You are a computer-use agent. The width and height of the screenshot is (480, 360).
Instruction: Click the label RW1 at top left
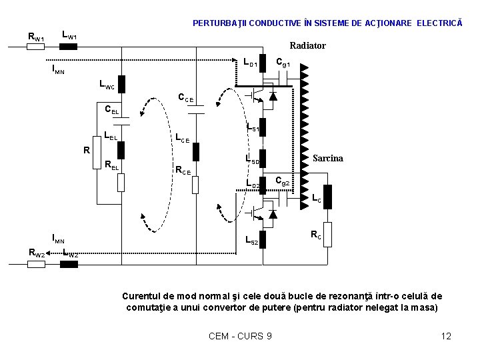(x=35, y=37)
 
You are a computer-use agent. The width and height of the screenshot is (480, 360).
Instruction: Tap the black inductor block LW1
(x=68, y=47)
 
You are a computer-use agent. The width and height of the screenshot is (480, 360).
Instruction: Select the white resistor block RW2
(x=36, y=264)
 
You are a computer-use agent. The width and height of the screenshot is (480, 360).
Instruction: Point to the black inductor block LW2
(x=68, y=264)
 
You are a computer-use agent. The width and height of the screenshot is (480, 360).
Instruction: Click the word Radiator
(x=307, y=45)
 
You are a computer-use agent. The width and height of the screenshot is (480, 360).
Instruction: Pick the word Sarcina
(x=328, y=158)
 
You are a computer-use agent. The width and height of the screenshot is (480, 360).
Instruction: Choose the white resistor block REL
(x=121, y=182)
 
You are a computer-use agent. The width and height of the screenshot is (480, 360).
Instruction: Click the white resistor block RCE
(x=195, y=184)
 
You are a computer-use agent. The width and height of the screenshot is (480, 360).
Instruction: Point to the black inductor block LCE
(x=196, y=151)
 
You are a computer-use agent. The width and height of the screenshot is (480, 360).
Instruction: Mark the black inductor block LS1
(x=263, y=127)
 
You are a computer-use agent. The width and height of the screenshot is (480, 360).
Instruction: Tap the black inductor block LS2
(x=263, y=239)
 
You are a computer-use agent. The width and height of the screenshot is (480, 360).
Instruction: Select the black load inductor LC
(x=327, y=197)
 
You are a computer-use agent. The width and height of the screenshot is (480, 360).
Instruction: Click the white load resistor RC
(x=327, y=233)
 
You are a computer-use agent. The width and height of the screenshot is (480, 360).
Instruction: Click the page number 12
(x=446, y=336)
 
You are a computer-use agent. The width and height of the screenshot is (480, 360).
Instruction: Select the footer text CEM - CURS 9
(x=240, y=336)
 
